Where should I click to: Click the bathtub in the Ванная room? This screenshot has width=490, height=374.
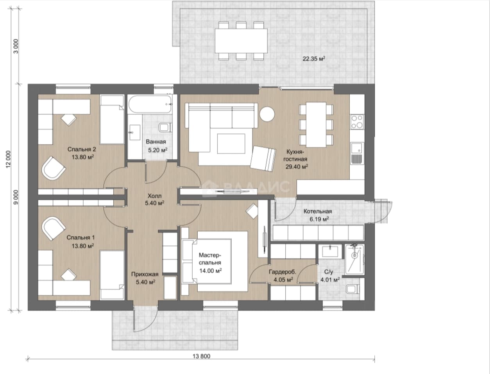pos(150,104)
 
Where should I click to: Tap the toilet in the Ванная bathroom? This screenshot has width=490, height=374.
pos(165,128)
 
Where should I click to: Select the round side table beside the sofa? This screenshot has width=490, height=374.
pos(267,114)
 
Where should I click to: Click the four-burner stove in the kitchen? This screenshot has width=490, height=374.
pos(357,122)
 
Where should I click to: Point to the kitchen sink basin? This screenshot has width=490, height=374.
pos(356,148)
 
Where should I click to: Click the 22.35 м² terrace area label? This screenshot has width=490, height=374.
pos(314,59)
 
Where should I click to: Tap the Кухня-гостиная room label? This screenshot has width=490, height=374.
pos(295,155)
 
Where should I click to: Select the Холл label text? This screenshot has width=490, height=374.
pos(154,196)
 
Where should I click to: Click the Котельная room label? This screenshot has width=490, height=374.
pos(318,211)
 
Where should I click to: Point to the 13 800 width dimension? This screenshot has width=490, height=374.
pos(201,356)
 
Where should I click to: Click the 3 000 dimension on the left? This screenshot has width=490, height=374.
pos(16,46)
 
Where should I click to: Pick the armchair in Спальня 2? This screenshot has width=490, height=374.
pos(54,168)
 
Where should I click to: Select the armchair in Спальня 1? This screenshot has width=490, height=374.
pos(54,228)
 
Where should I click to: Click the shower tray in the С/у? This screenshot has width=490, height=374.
pos(354,259)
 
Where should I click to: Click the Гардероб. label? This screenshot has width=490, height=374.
pos(283,272)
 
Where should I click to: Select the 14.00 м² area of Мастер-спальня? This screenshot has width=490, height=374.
pos(211,271)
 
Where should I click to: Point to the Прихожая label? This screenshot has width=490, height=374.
pos(145,274)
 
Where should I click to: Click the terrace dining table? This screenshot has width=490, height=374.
pos(241,41)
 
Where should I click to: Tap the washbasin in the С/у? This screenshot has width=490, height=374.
pos(330,251)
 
